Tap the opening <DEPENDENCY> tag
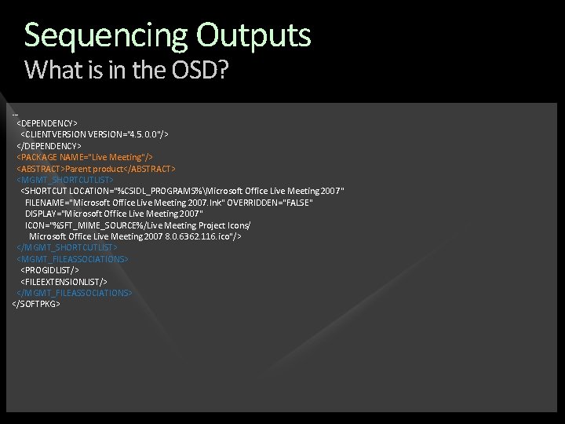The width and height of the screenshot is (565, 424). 47,123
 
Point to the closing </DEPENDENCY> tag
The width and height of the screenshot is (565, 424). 49,146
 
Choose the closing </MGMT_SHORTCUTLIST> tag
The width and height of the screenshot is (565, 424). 67,247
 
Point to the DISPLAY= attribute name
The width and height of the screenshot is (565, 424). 42,214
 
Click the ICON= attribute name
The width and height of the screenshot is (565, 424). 36,225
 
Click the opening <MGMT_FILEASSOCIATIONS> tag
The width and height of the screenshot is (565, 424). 72,258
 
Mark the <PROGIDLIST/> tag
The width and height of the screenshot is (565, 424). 49,270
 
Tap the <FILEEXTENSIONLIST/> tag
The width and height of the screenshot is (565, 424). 64,281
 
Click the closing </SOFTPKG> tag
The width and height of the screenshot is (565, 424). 36,304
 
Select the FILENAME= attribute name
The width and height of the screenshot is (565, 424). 46,203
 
